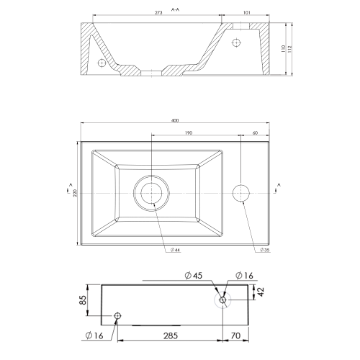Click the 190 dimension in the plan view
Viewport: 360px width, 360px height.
(x=188, y=133)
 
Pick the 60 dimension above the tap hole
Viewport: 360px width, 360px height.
(x=256, y=133)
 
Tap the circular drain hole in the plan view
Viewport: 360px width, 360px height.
(x=152, y=193)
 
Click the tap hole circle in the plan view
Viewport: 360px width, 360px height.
(x=243, y=193)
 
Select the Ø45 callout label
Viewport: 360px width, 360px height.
(x=194, y=275)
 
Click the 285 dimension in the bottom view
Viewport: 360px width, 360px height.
(x=171, y=335)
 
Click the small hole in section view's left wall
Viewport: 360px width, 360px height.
(x=102, y=63)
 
